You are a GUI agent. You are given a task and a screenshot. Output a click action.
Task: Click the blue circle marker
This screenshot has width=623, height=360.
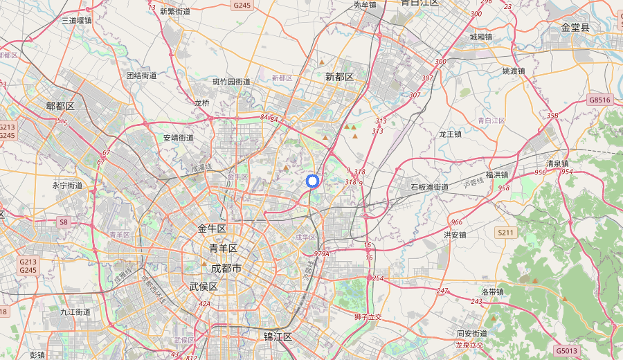[x=312, y=181]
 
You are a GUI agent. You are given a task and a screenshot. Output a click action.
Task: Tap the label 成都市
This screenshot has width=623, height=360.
[x=226, y=267]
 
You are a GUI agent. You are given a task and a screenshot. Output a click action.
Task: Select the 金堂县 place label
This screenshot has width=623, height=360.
[x=575, y=27]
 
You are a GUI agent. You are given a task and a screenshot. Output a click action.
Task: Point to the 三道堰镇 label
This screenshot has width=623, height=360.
[x=76, y=21]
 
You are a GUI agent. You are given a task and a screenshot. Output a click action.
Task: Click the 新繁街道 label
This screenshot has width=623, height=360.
[x=174, y=11]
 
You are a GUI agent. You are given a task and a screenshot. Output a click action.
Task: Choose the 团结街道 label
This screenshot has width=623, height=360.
[x=141, y=75]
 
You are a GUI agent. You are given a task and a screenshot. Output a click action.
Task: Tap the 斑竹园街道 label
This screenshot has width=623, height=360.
[x=231, y=82]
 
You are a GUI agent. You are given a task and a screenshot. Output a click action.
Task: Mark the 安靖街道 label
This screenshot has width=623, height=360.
[x=179, y=138]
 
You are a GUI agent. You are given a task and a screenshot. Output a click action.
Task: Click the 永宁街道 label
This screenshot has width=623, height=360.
[x=67, y=186]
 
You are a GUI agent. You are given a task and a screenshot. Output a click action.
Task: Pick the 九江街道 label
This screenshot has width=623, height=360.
[x=75, y=312]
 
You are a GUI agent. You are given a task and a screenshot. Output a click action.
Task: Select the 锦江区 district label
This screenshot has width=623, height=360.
[x=278, y=336]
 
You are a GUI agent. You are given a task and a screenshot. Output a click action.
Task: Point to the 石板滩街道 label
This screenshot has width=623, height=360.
[x=429, y=187]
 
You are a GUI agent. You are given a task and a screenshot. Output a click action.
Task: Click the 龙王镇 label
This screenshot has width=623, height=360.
[x=450, y=134]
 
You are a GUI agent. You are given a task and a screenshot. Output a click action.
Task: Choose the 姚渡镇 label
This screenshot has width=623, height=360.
[x=514, y=71]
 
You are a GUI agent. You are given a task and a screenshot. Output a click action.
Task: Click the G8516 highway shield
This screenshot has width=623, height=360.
[x=599, y=100]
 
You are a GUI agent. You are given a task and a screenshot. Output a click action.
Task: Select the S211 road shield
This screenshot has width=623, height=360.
[x=505, y=233]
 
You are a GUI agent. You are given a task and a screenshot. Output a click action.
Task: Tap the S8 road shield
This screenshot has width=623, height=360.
[x=64, y=222]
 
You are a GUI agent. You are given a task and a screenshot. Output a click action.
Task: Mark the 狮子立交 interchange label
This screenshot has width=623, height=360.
[x=368, y=316]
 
